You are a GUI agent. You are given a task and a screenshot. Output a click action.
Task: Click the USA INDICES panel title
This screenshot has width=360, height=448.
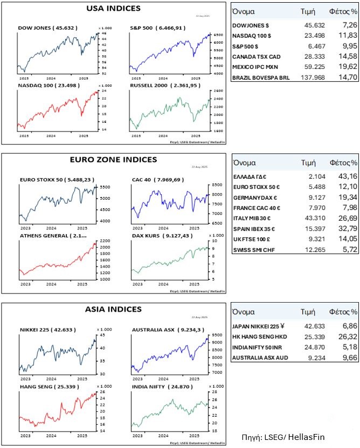coord(114,9)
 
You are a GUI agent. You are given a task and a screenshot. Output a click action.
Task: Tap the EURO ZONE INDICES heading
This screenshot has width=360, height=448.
coord(114,159)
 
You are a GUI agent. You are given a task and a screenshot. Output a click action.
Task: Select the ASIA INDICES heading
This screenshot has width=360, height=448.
coord(114,309)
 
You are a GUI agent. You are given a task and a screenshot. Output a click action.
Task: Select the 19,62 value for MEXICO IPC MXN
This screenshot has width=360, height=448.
coord(347,67)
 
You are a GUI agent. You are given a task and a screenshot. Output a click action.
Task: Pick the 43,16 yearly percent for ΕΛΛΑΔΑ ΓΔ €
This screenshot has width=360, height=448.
coord(347,176)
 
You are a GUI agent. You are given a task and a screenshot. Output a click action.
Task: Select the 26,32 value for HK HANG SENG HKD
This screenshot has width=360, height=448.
coord(347,337)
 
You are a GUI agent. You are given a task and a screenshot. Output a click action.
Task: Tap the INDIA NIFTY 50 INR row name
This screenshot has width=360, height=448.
coord(256,347)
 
